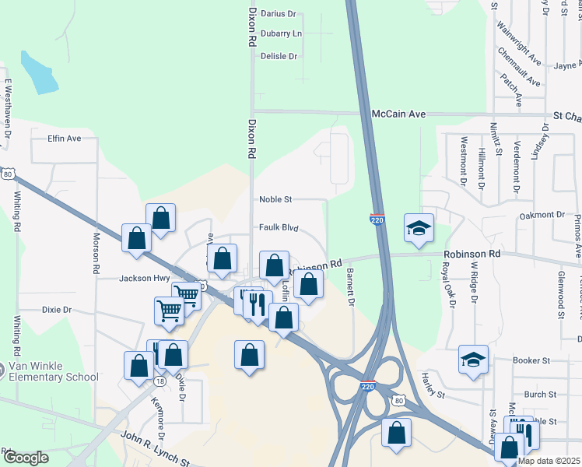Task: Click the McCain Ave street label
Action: pos(398,114)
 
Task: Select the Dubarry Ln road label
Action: pos(281,34)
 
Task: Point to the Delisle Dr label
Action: pos(279,57)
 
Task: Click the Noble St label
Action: pos(275,200)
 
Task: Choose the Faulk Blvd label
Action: pos(279,228)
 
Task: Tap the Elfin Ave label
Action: pos(64,139)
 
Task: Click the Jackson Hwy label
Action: pos(145,278)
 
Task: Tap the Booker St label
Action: pos(531,361)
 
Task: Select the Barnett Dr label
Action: pos(351,287)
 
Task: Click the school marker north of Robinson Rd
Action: pos(419,229)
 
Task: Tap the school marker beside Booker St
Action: pos(472,360)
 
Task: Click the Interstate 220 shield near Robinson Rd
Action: pos(377,220)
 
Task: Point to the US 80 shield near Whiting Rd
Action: pos(7,174)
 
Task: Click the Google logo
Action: pos(26,458)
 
